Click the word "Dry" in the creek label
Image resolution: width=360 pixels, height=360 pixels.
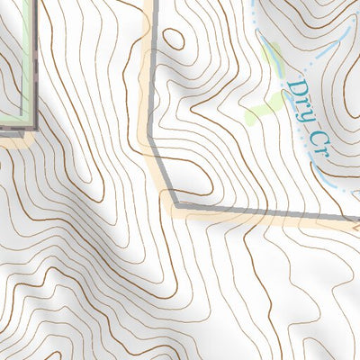[301, 101]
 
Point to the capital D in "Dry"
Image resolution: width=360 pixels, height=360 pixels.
[295, 91]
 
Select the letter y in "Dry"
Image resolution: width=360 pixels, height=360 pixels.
[307, 112]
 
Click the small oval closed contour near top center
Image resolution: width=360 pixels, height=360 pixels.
[174, 39]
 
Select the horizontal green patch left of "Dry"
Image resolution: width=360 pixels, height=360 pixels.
[262, 111]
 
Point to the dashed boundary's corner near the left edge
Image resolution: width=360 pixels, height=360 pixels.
[34, 127]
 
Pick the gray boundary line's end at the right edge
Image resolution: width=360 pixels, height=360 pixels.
[357, 219]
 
